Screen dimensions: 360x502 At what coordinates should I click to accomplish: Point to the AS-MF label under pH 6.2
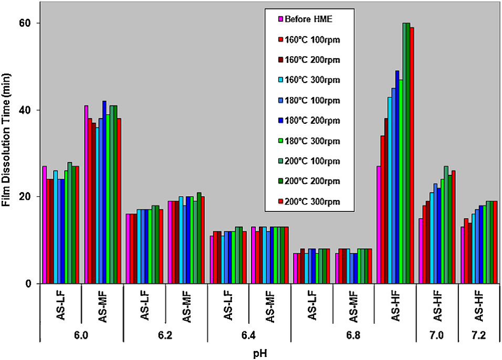coord(186,304)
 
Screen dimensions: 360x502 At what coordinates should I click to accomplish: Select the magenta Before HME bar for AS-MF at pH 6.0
coord(86,194)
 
